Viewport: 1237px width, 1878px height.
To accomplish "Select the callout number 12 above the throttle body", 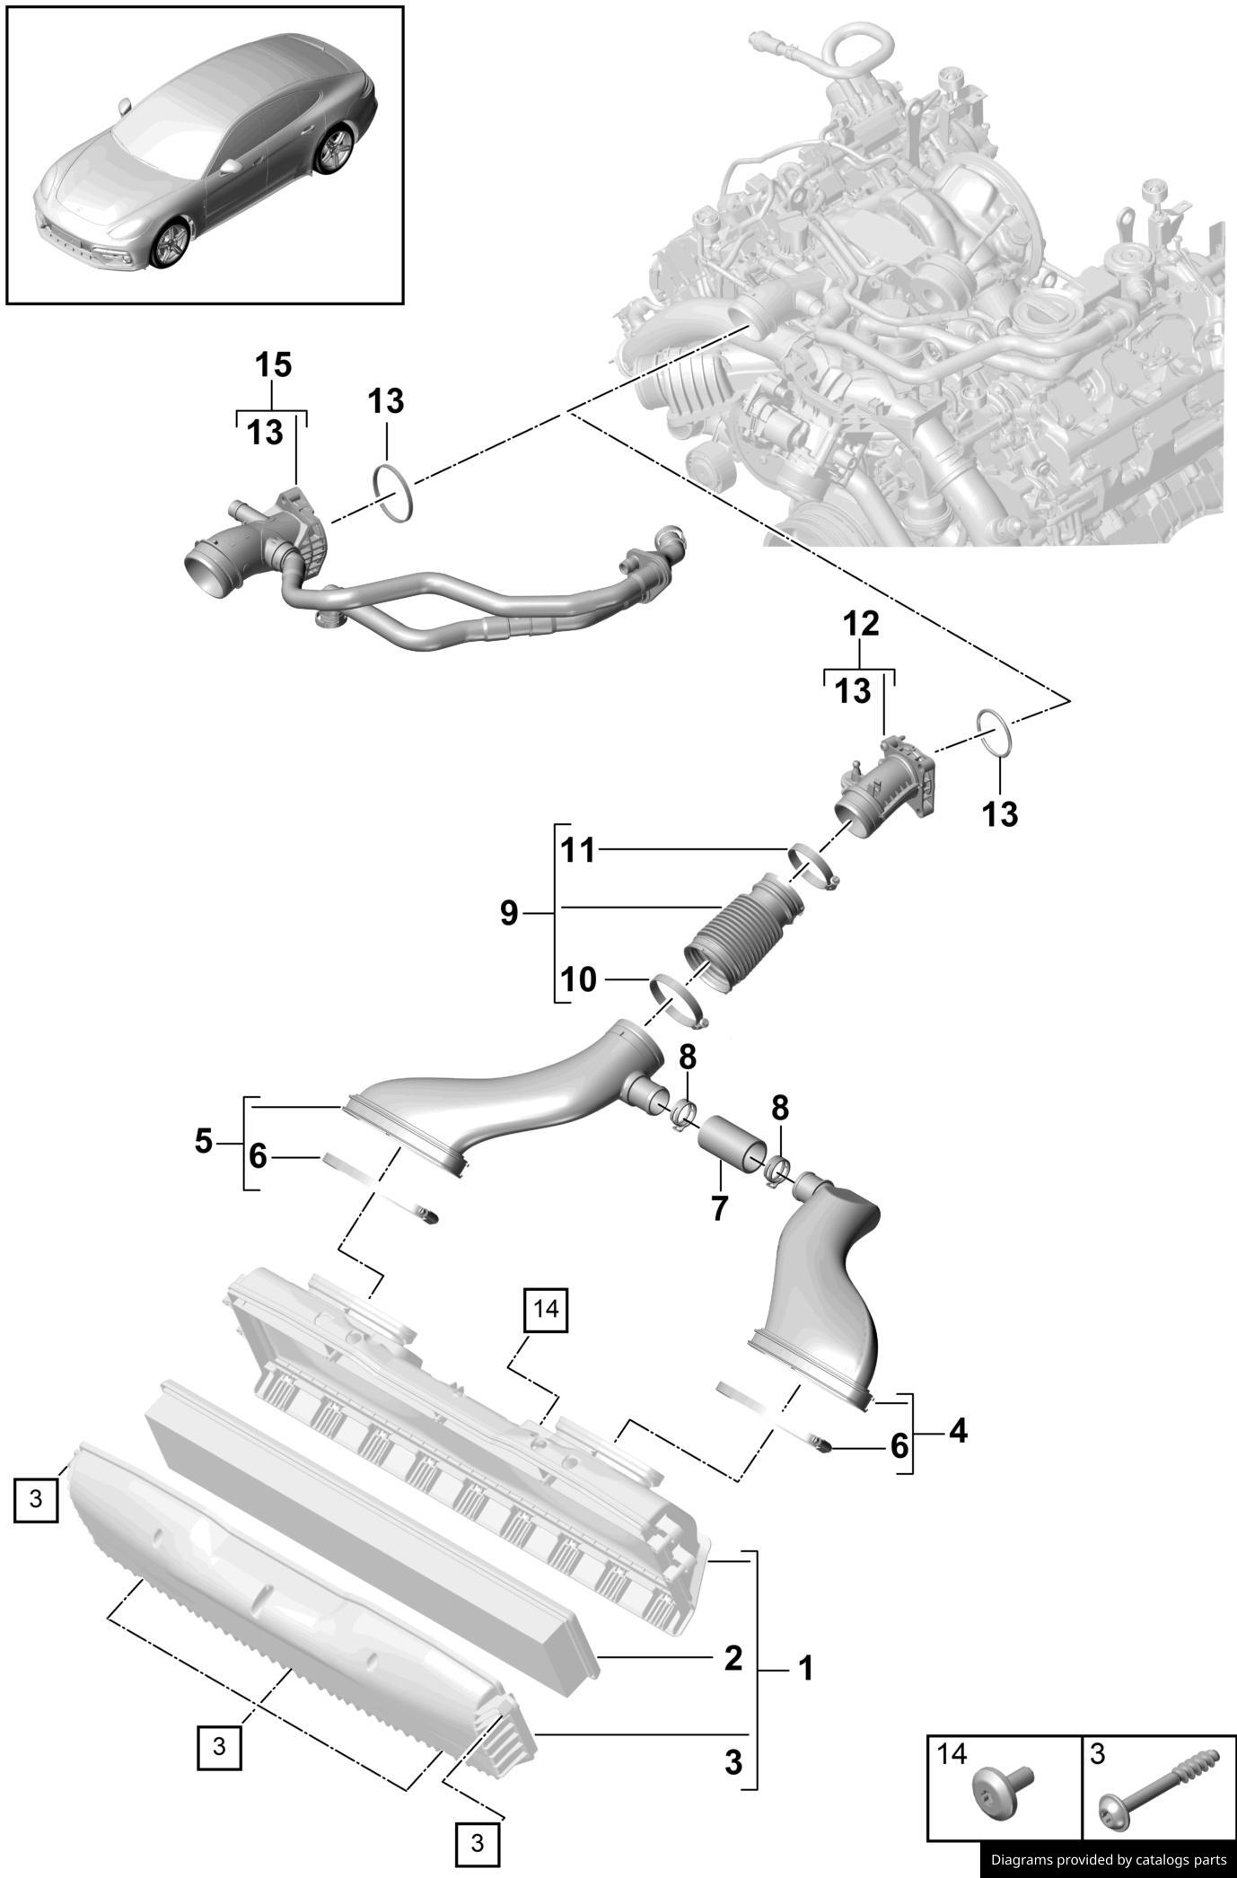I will tap(860, 623).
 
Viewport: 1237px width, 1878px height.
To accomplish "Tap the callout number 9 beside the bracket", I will tap(509, 915).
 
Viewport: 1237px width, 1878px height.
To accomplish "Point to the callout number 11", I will tap(578, 850).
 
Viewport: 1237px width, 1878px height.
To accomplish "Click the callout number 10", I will tap(578, 979).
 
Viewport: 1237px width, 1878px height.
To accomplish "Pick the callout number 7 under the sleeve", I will tap(719, 1208).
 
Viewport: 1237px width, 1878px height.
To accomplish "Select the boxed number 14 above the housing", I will tap(546, 1310).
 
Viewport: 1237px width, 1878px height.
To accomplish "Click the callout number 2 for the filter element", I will tap(733, 1658).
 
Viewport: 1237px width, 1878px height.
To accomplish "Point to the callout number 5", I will tap(204, 1142).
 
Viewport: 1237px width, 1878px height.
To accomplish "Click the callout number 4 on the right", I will tap(958, 1430).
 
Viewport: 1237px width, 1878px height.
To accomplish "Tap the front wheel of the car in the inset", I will tap(171, 243).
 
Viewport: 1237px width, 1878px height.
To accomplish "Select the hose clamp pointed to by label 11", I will tap(813, 864).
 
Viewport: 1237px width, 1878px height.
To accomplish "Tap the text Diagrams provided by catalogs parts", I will tap(1108, 1859).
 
